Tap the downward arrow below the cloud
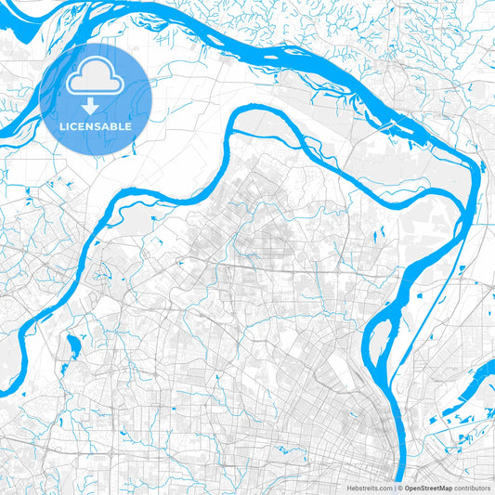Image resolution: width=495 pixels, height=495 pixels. (95, 106)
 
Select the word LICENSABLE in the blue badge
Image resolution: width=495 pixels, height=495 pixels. (95, 125)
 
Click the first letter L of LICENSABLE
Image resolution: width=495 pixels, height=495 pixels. (61, 125)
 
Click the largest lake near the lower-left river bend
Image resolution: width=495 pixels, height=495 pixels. (71, 349)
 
